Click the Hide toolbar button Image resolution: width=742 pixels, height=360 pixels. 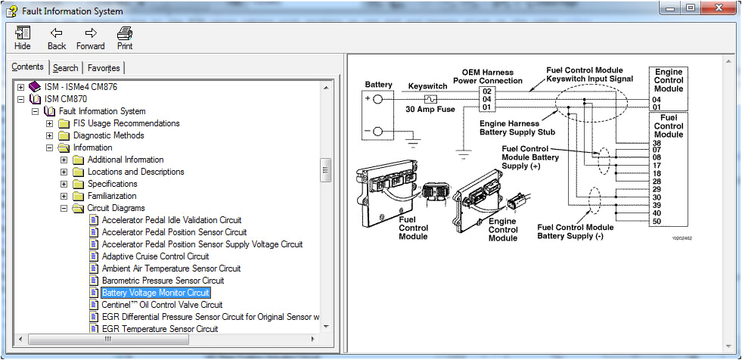[23, 38]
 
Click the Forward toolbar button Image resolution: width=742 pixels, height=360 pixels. [91, 38]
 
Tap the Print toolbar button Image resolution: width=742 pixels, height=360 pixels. [125, 38]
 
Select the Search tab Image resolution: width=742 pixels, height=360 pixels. [65, 68]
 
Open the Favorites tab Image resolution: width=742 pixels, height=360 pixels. [103, 68]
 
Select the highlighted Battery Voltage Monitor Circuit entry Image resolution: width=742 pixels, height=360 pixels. [156, 293]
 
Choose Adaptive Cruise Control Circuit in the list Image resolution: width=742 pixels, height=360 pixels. [155, 256]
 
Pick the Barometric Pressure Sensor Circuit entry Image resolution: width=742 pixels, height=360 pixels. [163, 281]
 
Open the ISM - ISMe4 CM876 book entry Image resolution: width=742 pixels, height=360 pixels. [80, 87]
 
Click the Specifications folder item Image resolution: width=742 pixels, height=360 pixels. [112, 184]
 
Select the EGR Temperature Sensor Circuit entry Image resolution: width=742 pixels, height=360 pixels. [160, 329]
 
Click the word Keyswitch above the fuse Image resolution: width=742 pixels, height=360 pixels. [428, 86]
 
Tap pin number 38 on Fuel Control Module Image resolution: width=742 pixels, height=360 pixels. [657, 143]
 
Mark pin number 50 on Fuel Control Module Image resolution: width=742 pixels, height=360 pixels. [657, 221]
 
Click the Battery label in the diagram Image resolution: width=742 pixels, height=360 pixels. [379, 85]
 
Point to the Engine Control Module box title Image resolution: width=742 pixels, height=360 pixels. [668, 80]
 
